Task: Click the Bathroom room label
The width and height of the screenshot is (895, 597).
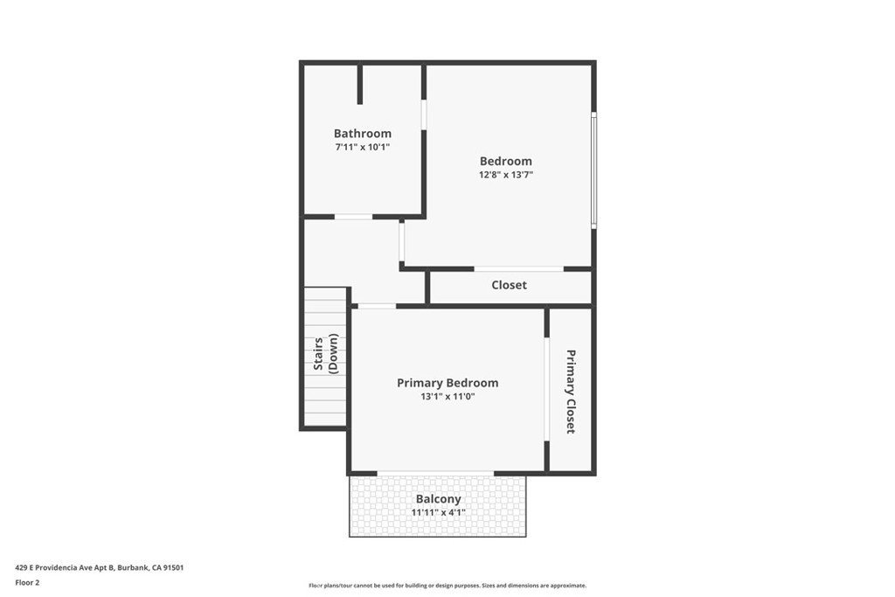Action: (363, 134)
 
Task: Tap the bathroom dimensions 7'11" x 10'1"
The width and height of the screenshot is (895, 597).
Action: (363, 147)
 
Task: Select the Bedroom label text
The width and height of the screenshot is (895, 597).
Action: (506, 162)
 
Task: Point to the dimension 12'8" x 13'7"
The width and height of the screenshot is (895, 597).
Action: (506, 175)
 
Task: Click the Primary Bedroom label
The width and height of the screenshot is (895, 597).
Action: (447, 383)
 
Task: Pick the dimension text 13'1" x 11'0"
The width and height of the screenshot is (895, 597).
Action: (447, 397)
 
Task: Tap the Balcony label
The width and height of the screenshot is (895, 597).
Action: (439, 499)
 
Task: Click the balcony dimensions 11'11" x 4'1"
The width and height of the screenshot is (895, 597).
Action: (439, 512)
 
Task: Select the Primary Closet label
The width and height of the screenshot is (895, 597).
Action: (570, 392)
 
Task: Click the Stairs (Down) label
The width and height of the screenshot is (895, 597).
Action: (326, 354)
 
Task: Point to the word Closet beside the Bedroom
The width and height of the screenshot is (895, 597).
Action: (510, 285)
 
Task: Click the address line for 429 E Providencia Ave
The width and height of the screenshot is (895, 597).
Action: (100, 568)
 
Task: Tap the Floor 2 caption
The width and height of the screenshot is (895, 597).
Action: (27, 583)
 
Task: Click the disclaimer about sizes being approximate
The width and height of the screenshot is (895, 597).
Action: (447, 586)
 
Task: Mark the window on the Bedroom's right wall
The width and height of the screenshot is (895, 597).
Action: (593, 170)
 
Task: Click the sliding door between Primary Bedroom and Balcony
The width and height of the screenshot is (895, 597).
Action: (435, 473)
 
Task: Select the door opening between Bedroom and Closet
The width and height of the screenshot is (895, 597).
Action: (519, 269)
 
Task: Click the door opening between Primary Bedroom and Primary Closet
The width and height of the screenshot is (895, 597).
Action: (546, 389)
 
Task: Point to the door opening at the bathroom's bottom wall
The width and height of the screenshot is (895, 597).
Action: (353, 217)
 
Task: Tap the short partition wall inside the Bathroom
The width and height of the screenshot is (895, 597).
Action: (359, 85)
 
